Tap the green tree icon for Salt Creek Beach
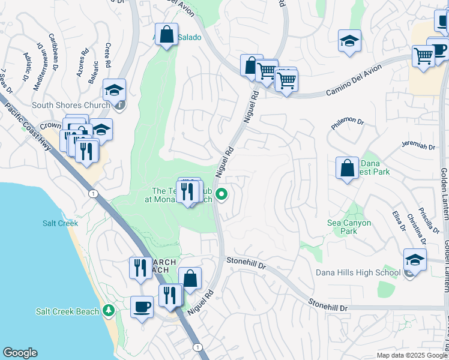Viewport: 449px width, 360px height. (108, 311)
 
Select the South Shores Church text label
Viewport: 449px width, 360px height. (70, 106)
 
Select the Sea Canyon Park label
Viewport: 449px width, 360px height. (349, 227)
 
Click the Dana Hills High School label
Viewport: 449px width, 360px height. (358, 273)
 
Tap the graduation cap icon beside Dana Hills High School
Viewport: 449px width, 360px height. (415, 259)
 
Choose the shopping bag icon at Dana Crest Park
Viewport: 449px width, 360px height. (348, 168)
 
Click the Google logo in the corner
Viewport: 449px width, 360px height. (20, 353)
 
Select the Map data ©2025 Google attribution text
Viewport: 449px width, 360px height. (411, 355)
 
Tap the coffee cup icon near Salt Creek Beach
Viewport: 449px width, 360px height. (142, 307)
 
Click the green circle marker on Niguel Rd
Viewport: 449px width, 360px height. (222, 194)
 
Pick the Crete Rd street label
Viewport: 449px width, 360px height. (107, 56)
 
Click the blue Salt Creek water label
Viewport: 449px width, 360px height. (60, 223)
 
